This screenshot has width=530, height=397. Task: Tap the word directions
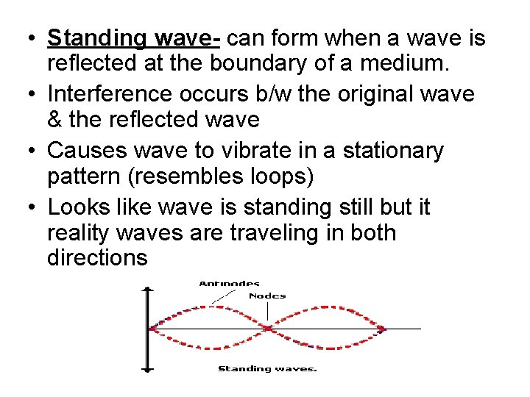point(97,258)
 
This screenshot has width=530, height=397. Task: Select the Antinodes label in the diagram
point(229,283)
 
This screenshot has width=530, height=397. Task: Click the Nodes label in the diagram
point(267,296)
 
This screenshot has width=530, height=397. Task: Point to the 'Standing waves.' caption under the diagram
point(267,368)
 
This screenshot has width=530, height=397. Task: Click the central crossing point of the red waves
point(269,328)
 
